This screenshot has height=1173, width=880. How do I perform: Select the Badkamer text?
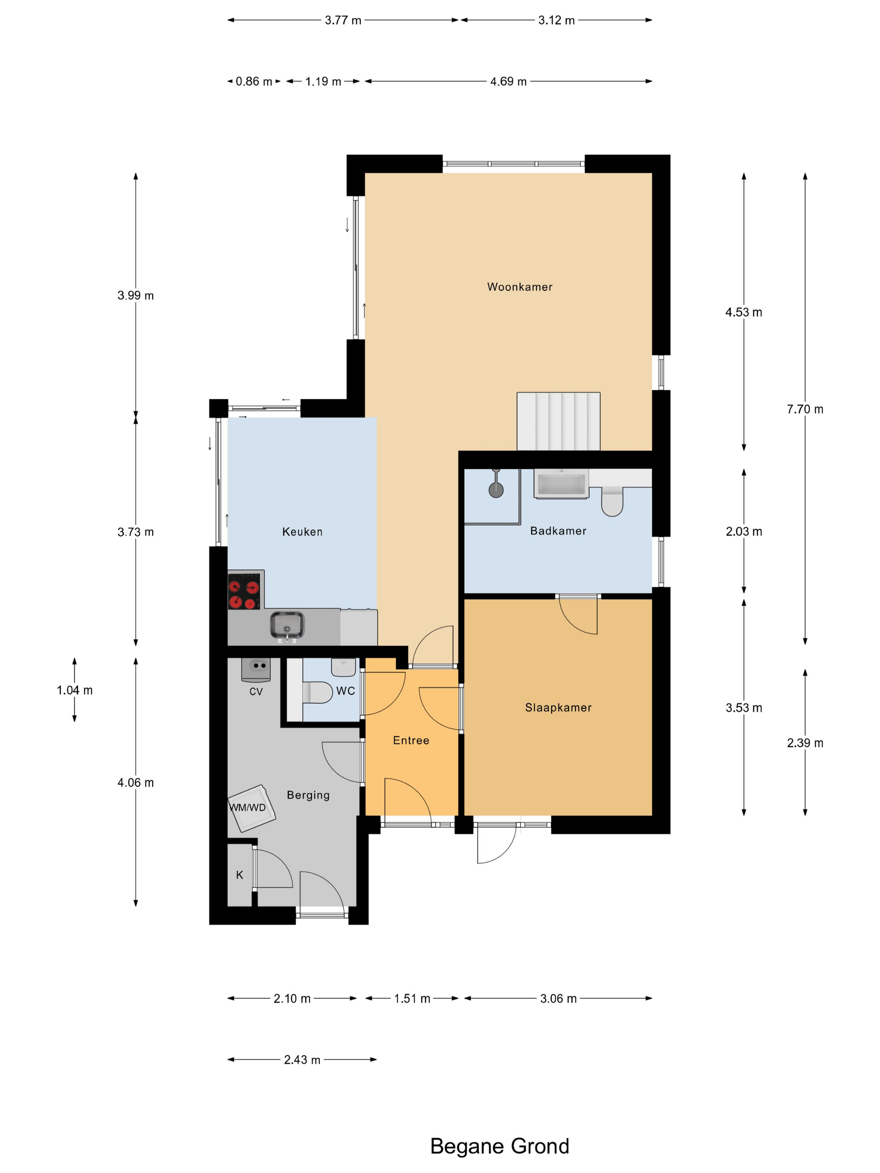point(558,531)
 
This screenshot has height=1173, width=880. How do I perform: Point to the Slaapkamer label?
point(558,708)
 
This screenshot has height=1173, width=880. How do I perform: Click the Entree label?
point(411,740)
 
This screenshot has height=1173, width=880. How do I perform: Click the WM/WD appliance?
point(252,808)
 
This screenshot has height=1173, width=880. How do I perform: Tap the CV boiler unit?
point(256,670)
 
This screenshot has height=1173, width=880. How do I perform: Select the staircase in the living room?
point(559,421)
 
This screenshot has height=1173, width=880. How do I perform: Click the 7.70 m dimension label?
point(805,409)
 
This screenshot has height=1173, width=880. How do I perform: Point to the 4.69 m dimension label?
point(508,82)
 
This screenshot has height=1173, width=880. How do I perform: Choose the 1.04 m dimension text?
point(74,690)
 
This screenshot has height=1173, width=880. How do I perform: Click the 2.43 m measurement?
point(302,1059)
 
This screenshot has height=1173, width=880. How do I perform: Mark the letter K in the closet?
point(239,875)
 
